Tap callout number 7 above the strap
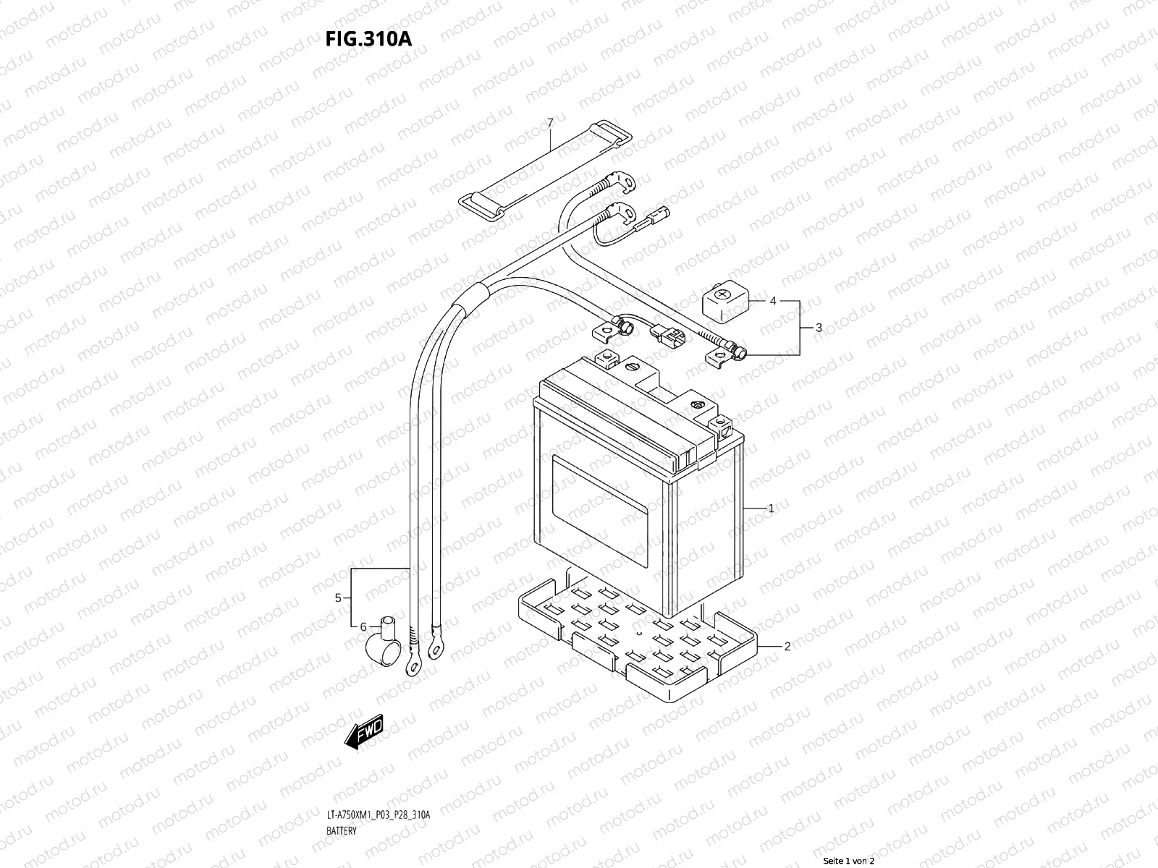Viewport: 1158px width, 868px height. (x=550, y=123)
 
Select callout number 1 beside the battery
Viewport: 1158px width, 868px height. (x=771, y=509)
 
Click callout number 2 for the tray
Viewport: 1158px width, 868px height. (x=787, y=647)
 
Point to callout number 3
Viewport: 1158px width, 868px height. (x=819, y=328)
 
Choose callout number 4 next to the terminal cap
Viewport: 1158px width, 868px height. (x=773, y=301)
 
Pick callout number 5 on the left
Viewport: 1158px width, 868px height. (x=338, y=597)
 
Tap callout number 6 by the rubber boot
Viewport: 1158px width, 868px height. (x=364, y=626)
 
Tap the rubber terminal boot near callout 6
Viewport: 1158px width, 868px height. (x=383, y=641)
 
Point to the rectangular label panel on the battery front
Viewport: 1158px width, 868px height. (x=601, y=510)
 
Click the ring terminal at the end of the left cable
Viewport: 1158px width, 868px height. (x=415, y=661)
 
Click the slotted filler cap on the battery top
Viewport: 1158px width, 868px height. (x=634, y=368)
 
